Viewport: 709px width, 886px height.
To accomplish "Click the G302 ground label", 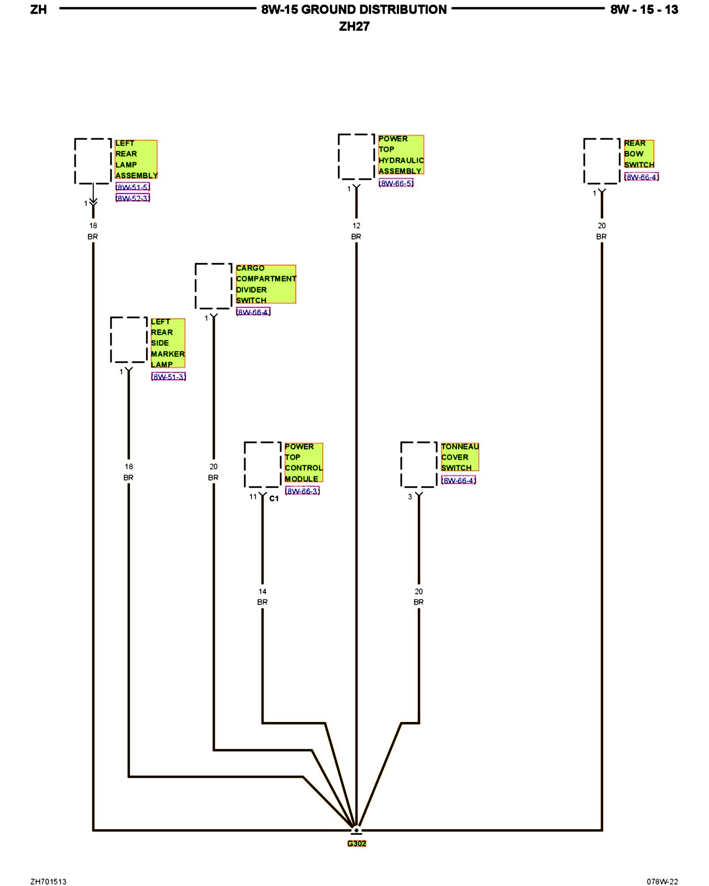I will (357, 843).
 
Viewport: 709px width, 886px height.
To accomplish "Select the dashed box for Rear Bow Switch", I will (601, 161).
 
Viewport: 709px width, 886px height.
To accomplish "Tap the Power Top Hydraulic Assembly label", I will (401, 155).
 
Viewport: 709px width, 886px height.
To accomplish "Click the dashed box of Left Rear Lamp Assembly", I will (93, 161).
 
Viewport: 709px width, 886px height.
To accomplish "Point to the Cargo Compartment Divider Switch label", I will (265, 284).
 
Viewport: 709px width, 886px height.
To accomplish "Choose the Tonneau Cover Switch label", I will (460, 457).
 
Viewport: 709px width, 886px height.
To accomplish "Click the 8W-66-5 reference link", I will (396, 183).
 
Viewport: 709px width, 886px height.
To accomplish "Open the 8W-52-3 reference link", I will (132, 198).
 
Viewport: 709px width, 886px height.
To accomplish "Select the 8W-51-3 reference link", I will (168, 377).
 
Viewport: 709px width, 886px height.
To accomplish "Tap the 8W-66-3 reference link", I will (302, 491).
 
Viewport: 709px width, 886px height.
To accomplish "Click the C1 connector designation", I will (274, 498).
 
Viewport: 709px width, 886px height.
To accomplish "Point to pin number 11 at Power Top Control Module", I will (253, 497).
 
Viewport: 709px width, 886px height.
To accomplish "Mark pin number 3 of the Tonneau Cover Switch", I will (410, 497).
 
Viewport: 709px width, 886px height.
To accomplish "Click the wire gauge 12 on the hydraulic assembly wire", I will (356, 225).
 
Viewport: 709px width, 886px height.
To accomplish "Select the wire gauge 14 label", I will (262, 591).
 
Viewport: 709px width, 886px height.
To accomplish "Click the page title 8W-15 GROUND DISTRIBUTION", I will (354, 9).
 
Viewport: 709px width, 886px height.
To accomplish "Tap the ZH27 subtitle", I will (354, 27).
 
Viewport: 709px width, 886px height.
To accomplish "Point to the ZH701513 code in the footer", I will (48, 881).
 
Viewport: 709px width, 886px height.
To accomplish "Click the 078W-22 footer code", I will (662, 881).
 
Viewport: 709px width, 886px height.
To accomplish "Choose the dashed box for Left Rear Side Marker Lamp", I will (129, 339).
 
